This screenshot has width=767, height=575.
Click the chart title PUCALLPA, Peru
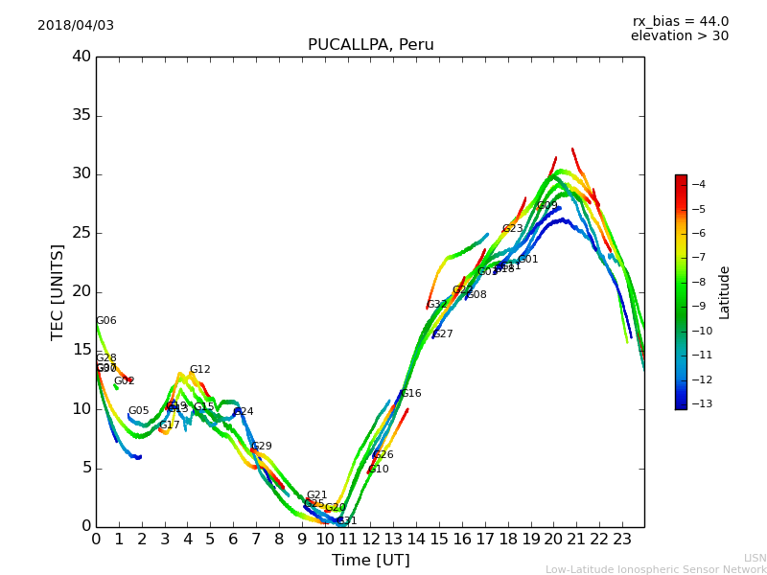[370, 45]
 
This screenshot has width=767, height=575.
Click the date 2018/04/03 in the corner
[76, 26]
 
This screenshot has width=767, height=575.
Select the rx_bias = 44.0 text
[680, 22]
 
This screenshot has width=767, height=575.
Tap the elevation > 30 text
[679, 36]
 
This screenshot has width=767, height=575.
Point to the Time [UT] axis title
[370, 561]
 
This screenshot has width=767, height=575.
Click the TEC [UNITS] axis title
[58, 291]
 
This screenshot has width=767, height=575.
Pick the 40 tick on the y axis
[81, 57]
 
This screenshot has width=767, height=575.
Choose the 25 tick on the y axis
[81, 233]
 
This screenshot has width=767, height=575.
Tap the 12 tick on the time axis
[370, 540]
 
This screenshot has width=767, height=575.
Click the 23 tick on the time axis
[621, 540]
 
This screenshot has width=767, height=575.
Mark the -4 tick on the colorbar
[698, 184]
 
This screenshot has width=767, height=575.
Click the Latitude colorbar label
[725, 291]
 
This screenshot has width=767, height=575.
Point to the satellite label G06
[105, 321]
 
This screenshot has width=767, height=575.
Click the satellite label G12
[199, 370]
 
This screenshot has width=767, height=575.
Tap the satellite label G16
[410, 394]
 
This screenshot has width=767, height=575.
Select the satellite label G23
[512, 229]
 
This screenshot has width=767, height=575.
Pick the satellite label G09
[546, 206]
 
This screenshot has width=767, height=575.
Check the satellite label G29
[262, 447]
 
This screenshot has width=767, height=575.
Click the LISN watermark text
[755, 558]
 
